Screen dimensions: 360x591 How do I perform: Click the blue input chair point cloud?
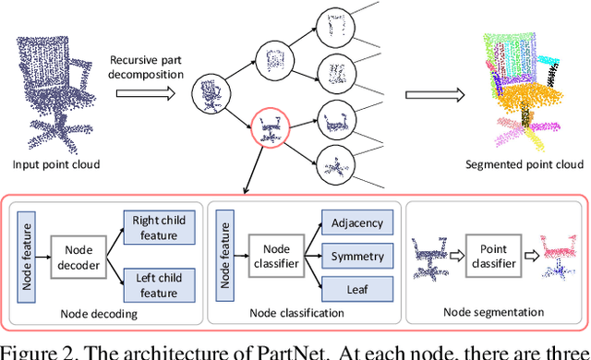(x=55, y=88)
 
